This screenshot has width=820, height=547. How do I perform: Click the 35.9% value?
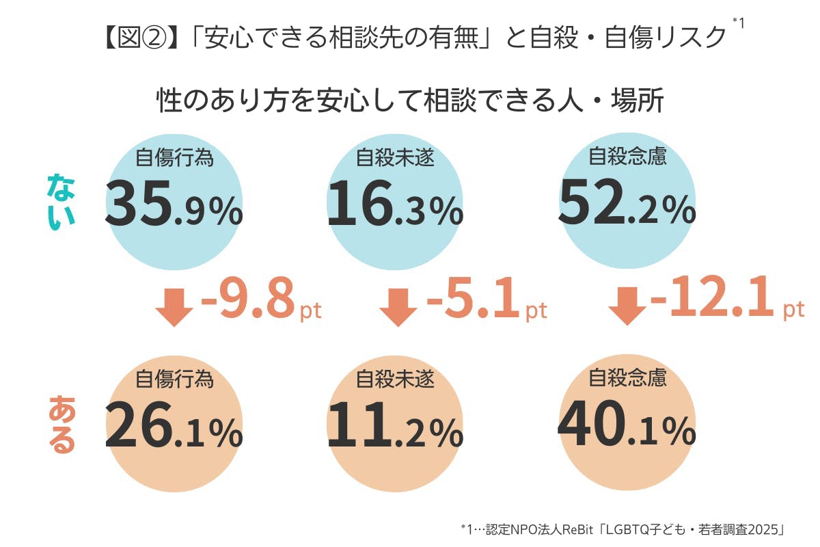point(174,205)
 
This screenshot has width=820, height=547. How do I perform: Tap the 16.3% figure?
point(395,205)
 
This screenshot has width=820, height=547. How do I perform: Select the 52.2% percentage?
point(627,204)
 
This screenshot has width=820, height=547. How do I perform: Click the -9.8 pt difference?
point(260,302)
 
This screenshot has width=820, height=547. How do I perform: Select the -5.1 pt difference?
point(486,302)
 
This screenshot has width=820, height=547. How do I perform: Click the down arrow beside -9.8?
point(174,306)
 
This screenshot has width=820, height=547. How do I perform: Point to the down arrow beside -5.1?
point(398,306)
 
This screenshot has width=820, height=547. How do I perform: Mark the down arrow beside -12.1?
point(627,306)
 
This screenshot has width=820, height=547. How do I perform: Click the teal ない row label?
point(61,202)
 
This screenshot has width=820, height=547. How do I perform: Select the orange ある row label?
point(61,423)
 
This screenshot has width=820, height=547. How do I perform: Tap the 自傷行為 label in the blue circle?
point(175,158)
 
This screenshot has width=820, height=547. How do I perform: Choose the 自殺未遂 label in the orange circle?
point(396,378)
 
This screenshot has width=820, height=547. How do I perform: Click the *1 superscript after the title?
point(738,23)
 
